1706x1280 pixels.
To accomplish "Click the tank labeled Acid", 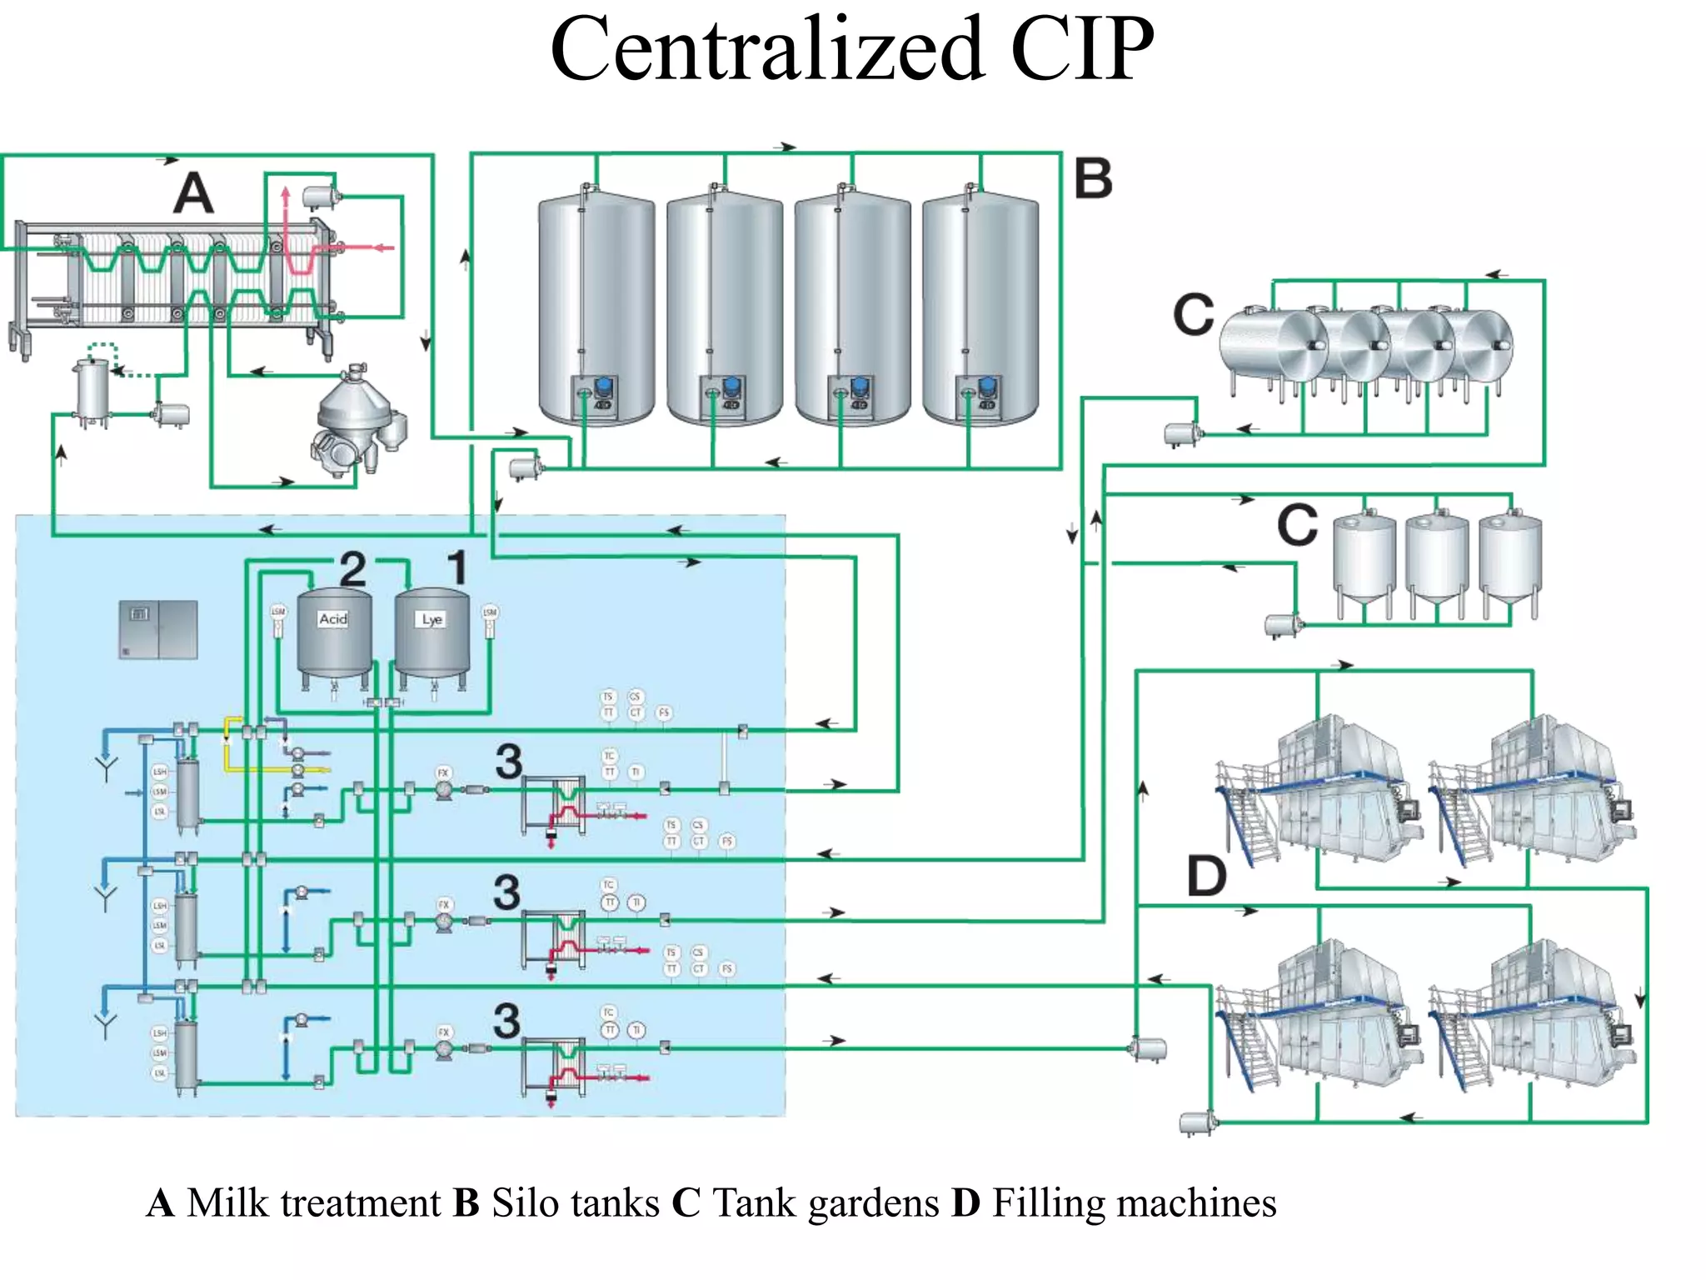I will click(x=335, y=637).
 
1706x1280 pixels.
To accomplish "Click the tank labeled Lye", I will click(x=431, y=637).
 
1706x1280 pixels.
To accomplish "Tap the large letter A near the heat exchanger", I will click(x=193, y=193).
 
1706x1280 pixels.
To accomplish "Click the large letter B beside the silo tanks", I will click(x=1093, y=178).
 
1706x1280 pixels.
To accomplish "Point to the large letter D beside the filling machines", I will click(x=1205, y=876).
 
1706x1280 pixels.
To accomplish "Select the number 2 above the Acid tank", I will click(x=352, y=569).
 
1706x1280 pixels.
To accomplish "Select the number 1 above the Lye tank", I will click(x=456, y=567).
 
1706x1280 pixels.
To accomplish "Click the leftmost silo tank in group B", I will click(x=596, y=308).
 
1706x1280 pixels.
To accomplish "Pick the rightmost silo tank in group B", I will click(x=980, y=308).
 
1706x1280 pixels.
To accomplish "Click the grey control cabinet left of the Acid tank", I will click(x=158, y=629).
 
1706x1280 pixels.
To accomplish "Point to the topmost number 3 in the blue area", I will click(x=508, y=761).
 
